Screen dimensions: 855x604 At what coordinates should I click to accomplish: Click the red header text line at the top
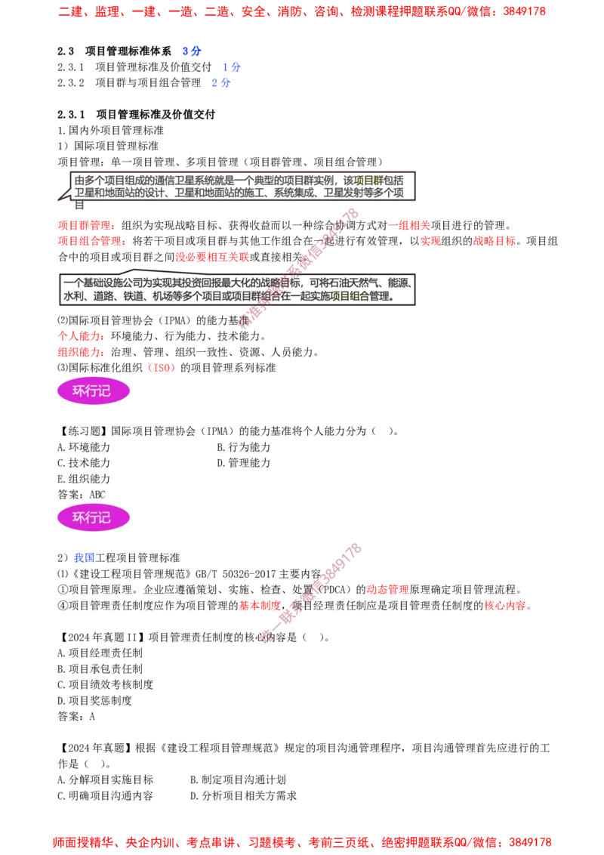[x=301, y=12]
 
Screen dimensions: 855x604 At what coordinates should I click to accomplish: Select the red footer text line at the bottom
[x=302, y=841]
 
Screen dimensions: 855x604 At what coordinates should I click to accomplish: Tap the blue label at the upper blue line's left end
[x=192, y=51]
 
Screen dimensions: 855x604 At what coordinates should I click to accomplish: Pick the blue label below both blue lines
[x=220, y=84]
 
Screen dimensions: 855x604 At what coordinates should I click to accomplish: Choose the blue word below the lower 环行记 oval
[x=84, y=558]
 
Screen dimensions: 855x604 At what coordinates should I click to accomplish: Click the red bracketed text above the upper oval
[x=161, y=369]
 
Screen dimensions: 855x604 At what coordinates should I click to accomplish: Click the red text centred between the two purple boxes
[x=211, y=257]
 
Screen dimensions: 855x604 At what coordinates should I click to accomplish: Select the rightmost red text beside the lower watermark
[x=507, y=606]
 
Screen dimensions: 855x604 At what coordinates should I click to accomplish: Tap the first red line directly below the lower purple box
[x=80, y=335]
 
